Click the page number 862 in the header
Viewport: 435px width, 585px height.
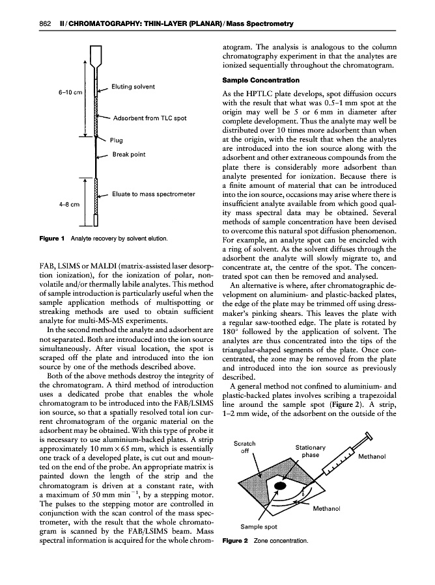coord(27,25)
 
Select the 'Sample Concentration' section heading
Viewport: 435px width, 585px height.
coord(261,81)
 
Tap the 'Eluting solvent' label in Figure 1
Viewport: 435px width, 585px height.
coord(133,86)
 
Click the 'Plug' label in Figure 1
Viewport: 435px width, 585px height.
coord(117,140)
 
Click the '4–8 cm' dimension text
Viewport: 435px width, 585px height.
coord(70,204)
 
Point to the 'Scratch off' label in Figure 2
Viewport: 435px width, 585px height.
coord(245,448)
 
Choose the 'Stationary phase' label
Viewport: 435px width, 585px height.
coord(311,451)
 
